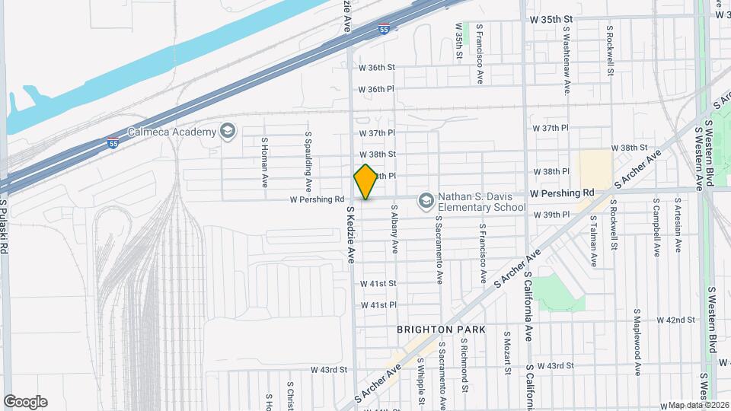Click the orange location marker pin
[365, 181]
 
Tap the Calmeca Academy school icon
[226, 132]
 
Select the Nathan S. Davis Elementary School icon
[426, 200]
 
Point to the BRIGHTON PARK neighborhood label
[439, 330]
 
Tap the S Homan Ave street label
[265, 162]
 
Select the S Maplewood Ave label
[637, 342]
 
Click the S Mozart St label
[506, 352]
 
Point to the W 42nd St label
[675, 320]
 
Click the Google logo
[25, 402]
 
